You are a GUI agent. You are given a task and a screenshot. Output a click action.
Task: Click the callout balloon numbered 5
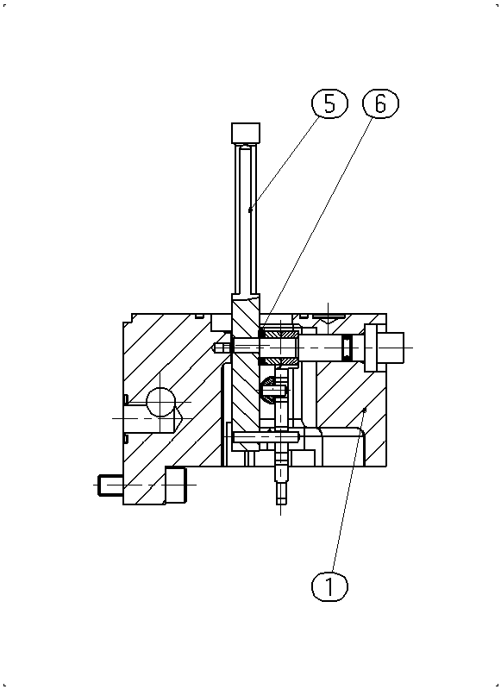tap(329, 103)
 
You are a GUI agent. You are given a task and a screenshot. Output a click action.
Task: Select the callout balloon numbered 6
tap(380, 103)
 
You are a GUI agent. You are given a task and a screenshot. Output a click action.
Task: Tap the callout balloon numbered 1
tap(329, 586)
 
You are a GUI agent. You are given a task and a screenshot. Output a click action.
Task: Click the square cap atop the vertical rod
tap(246, 133)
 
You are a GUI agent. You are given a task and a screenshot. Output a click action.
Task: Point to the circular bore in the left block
tap(160, 402)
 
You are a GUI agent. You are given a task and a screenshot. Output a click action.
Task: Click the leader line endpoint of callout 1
tap(364, 410)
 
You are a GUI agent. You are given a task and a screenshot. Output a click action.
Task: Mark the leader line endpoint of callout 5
tap(250, 210)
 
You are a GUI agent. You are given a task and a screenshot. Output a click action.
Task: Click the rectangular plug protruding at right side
tap(391, 348)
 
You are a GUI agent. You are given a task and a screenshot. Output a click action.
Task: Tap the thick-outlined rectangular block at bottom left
tap(175, 485)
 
